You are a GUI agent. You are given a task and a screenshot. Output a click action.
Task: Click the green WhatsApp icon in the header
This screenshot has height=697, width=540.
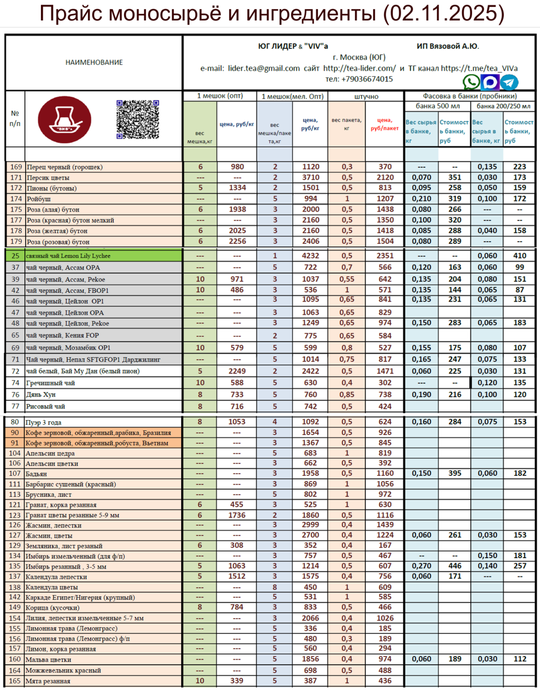pyautogui.click(x=471, y=82)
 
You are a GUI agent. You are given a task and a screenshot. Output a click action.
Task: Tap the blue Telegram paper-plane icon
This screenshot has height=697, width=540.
pyautogui.click(x=509, y=82)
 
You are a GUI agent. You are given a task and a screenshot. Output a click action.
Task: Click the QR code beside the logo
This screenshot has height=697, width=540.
pyautogui.click(x=138, y=119)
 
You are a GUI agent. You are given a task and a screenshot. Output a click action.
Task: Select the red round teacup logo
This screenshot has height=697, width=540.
pyautogui.click(x=65, y=120)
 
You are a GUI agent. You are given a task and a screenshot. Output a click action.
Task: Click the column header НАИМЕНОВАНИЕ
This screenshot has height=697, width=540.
pyautogui.click(x=94, y=62)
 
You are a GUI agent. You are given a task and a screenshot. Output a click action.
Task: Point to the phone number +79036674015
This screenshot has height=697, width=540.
pyautogui.click(x=359, y=79)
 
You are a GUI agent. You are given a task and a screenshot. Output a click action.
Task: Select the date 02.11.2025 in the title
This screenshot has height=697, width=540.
pyautogui.click(x=444, y=13)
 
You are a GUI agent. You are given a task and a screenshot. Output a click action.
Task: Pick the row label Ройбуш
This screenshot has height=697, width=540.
pyautogui.click(x=39, y=199)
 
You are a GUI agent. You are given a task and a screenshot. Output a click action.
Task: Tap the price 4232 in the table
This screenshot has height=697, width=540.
pyautogui.click(x=310, y=256)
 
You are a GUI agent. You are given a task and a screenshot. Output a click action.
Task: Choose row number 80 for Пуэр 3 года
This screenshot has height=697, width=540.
pyautogui.click(x=15, y=422)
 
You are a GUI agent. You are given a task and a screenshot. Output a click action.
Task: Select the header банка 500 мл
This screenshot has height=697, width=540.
pyautogui.click(x=438, y=106)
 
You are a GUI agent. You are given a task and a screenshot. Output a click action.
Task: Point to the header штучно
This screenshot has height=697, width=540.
pyautogui.click(x=366, y=96)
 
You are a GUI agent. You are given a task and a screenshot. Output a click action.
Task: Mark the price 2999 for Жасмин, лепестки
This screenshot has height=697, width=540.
pyautogui.click(x=310, y=525)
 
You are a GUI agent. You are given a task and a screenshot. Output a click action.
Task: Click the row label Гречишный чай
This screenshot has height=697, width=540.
pyautogui.click(x=50, y=383)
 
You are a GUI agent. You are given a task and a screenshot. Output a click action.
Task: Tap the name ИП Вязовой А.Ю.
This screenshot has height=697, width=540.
pyautogui.click(x=448, y=46)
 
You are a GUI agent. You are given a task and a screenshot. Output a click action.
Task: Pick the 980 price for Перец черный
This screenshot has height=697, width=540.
pyautogui.click(x=237, y=167)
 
